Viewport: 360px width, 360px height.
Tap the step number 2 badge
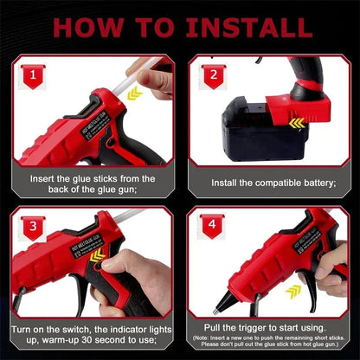click(214, 75)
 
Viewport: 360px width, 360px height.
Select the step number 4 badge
click(214, 227)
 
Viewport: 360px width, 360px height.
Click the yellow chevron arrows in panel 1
click(134, 93)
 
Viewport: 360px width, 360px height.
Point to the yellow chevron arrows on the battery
click(297, 124)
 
